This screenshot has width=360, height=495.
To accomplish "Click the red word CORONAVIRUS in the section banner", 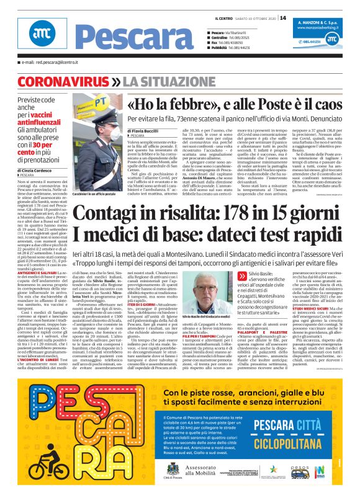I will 60,82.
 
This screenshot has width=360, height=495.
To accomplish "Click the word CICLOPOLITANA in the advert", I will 289,444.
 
